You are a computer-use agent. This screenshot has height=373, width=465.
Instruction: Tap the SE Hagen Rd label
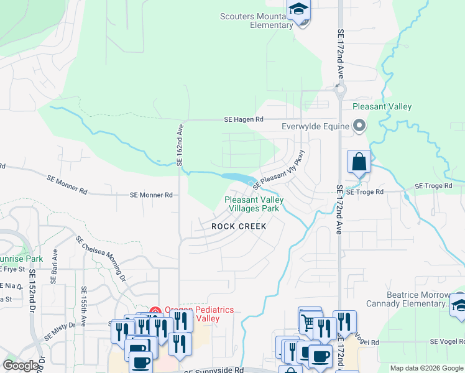click(x=244, y=119)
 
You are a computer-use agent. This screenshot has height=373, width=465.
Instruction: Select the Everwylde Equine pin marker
click(x=359, y=126)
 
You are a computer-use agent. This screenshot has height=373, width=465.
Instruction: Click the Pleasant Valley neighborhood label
click(x=382, y=107)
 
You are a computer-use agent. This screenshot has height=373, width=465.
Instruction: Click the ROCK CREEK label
click(x=239, y=227)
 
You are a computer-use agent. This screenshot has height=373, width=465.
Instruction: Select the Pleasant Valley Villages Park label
click(x=253, y=204)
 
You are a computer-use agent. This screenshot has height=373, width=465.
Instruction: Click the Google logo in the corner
click(x=21, y=366)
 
